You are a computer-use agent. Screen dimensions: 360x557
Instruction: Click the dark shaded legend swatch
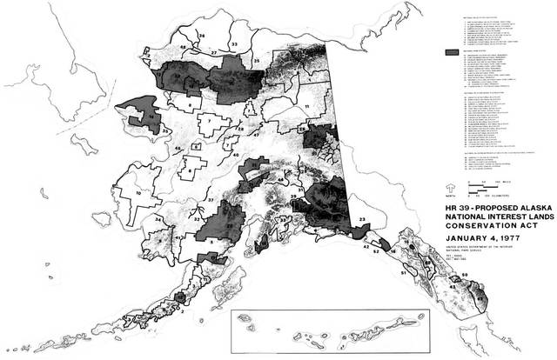click(x=451, y=53)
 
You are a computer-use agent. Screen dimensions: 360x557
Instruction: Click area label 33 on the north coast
click(x=233, y=43)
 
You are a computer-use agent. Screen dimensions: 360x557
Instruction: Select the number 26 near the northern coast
click(x=201, y=36)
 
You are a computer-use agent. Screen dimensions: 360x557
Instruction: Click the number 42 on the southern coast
click(x=366, y=250)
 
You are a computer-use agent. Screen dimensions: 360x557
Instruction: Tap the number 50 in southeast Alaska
click(x=464, y=276)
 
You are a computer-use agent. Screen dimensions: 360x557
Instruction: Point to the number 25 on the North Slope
click(x=257, y=60)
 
